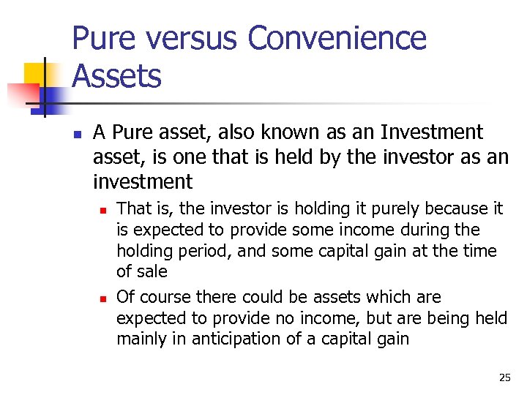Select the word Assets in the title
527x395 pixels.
click(x=116, y=75)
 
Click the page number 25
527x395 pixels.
click(x=504, y=377)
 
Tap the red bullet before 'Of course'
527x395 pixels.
click(x=103, y=298)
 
